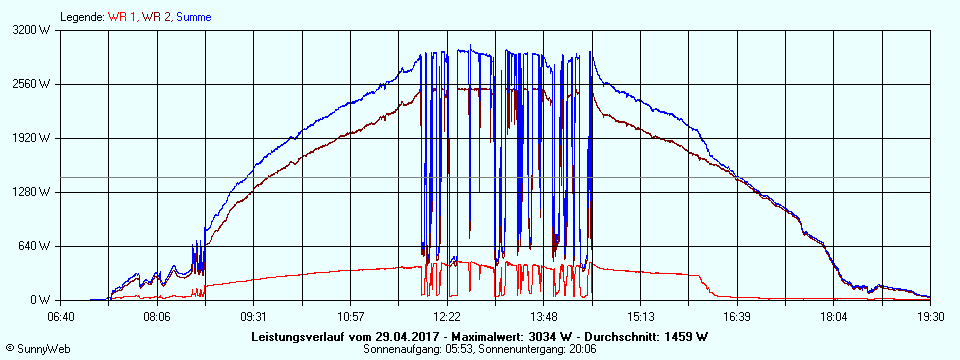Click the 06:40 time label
click(61, 316)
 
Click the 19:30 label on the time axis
click(930, 316)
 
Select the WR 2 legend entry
click(156, 17)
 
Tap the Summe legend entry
click(194, 17)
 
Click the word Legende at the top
click(81, 17)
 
